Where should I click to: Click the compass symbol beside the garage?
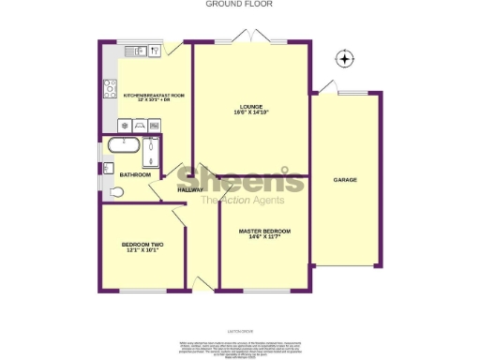click(x=346, y=59)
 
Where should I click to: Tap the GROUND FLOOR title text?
click(x=232, y=4)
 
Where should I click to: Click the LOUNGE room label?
click(x=250, y=105)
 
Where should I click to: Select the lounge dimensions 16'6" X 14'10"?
click(x=250, y=113)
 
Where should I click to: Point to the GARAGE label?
click(x=345, y=178)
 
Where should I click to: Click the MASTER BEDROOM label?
click(x=263, y=231)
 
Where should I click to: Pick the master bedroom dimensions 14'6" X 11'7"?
click(x=263, y=238)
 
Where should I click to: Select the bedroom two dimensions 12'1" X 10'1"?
click(x=142, y=251)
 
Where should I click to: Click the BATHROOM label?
click(x=135, y=175)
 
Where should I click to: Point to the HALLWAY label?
click(x=190, y=190)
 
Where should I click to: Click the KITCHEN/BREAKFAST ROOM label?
click(x=154, y=95)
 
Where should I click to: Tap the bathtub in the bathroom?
click(x=123, y=146)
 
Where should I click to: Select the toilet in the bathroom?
click(x=115, y=192)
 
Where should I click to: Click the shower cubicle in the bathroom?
click(x=152, y=152)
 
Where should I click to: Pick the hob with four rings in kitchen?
click(x=109, y=89)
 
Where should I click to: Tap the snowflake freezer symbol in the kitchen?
click(x=123, y=125)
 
